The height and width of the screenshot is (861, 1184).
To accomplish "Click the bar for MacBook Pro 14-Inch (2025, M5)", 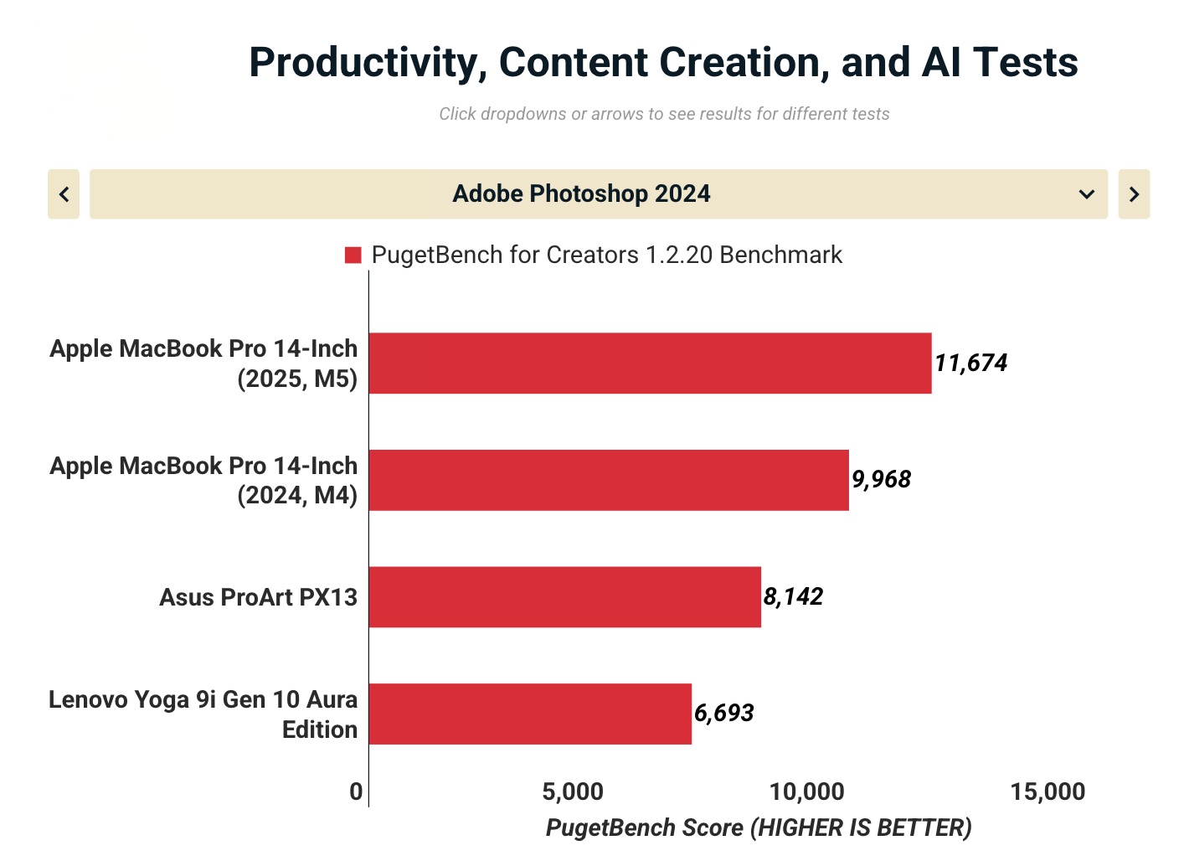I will (x=650, y=363).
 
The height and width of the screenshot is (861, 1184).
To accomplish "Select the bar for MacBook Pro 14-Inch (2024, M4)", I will (x=609, y=480).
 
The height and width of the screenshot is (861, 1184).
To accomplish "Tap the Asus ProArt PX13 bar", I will (x=564, y=596).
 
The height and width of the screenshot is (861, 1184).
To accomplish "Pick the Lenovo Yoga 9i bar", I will (x=530, y=714).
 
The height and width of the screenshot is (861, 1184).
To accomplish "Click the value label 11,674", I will (x=970, y=363).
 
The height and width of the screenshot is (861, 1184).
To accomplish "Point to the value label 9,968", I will (x=881, y=479).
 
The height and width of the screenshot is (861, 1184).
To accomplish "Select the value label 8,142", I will (x=793, y=596).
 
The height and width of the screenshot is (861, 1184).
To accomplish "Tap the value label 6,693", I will (x=724, y=713).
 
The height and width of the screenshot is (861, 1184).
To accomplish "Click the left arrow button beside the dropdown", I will (x=64, y=194).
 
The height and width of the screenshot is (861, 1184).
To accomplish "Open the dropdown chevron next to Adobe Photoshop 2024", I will (x=1086, y=194).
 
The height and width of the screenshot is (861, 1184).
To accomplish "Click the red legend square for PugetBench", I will (x=353, y=255).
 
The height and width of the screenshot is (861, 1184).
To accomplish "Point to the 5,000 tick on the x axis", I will (x=573, y=791).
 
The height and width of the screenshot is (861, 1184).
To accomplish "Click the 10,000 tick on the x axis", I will (x=806, y=791).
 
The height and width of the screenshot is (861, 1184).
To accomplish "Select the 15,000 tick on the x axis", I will (x=1048, y=791).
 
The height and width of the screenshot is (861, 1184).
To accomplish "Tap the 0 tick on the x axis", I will (x=357, y=791).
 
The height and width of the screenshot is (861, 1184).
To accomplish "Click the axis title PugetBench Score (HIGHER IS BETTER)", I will (x=759, y=827).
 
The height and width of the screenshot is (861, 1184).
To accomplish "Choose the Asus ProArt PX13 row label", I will (x=258, y=597).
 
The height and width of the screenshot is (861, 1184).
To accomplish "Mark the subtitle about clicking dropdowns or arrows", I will (x=664, y=114).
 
